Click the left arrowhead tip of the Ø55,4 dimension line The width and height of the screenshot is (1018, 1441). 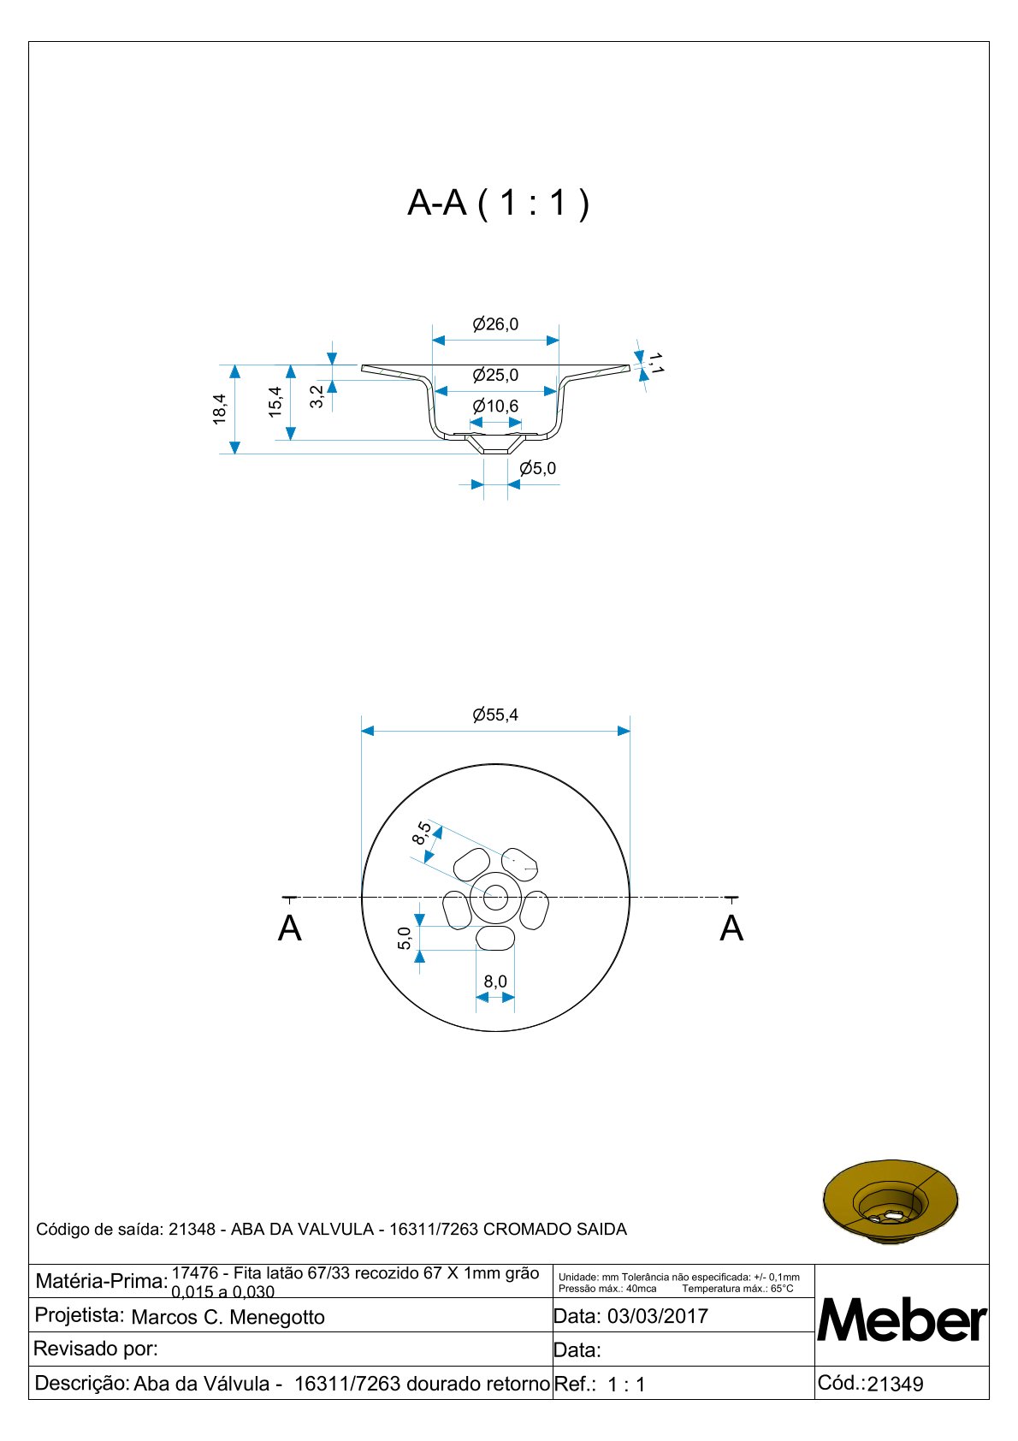coord(362,731)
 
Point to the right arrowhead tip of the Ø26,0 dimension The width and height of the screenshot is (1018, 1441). coord(559,341)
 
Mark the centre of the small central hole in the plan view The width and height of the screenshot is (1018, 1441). coord(495,898)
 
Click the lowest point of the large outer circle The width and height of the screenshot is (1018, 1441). coord(496,1031)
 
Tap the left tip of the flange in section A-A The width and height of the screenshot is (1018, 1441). coord(362,368)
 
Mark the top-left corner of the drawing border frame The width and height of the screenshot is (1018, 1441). coord(29,42)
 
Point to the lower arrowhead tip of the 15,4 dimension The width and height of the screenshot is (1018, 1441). coord(291,440)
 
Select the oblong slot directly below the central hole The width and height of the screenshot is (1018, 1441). coord(495,939)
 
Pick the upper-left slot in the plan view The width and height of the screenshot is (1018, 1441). coord(471,864)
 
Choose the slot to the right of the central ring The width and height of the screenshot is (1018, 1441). coord(535,910)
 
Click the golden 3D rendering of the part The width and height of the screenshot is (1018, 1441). coord(890,1201)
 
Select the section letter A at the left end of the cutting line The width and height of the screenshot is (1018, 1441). coord(289,929)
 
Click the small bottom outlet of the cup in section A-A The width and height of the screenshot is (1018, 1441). coord(496,445)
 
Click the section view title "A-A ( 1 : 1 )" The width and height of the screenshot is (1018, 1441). coord(499,203)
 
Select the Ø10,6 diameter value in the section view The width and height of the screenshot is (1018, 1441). coord(495,406)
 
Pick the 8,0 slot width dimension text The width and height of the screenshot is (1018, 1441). coord(495,981)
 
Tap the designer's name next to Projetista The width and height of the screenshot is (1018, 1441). coord(228,1317)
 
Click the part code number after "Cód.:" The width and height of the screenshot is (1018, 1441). coord(895,1384)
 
